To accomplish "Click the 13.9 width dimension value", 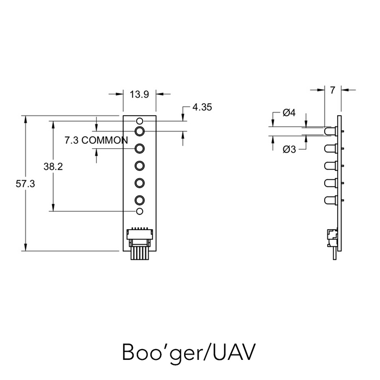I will (140, 94).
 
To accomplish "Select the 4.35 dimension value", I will (201, 107).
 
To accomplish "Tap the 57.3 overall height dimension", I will (25, 184).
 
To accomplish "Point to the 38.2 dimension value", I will (53, 167).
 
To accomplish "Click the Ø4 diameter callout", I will (289, 113).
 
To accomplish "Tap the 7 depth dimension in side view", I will (332, 90).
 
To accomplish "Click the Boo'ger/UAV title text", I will (188, 351).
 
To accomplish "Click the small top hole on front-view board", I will (140, 121).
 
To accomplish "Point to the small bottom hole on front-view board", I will (140, 211).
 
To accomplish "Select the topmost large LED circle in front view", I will (140, 131).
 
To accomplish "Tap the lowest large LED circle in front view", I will (140, 199).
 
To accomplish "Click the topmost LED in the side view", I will (330, 131).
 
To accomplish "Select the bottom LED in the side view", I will (330, 200).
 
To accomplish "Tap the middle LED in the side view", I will (330, 166).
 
